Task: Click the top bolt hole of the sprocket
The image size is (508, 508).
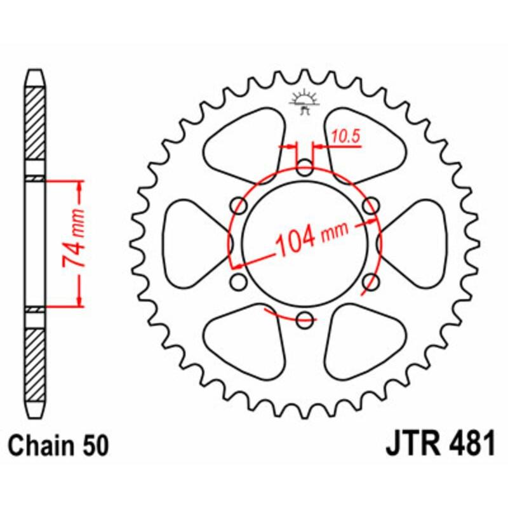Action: coord(305,169)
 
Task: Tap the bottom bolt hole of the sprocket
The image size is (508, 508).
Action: coord(305,319)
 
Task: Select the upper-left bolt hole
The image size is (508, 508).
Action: coord(239,206)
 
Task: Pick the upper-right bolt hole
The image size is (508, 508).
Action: coord(371,206)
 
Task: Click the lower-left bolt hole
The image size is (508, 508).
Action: coord(239,281)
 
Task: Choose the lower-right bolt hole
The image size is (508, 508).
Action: coord(371,281)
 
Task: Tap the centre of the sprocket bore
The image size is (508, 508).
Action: coord(305,244)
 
